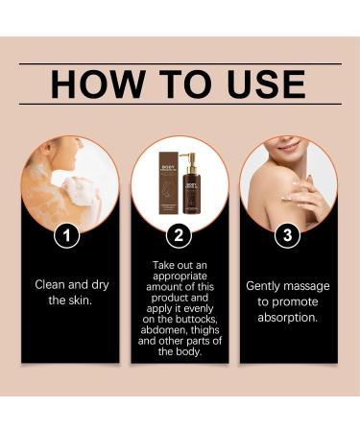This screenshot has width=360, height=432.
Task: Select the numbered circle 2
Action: (x=180, y=234)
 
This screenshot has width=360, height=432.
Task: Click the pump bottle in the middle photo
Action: (x=192, y=181)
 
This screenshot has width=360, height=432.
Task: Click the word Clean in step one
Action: (x=52, y=285)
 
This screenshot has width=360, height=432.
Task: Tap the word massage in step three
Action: (x=307, y=285)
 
